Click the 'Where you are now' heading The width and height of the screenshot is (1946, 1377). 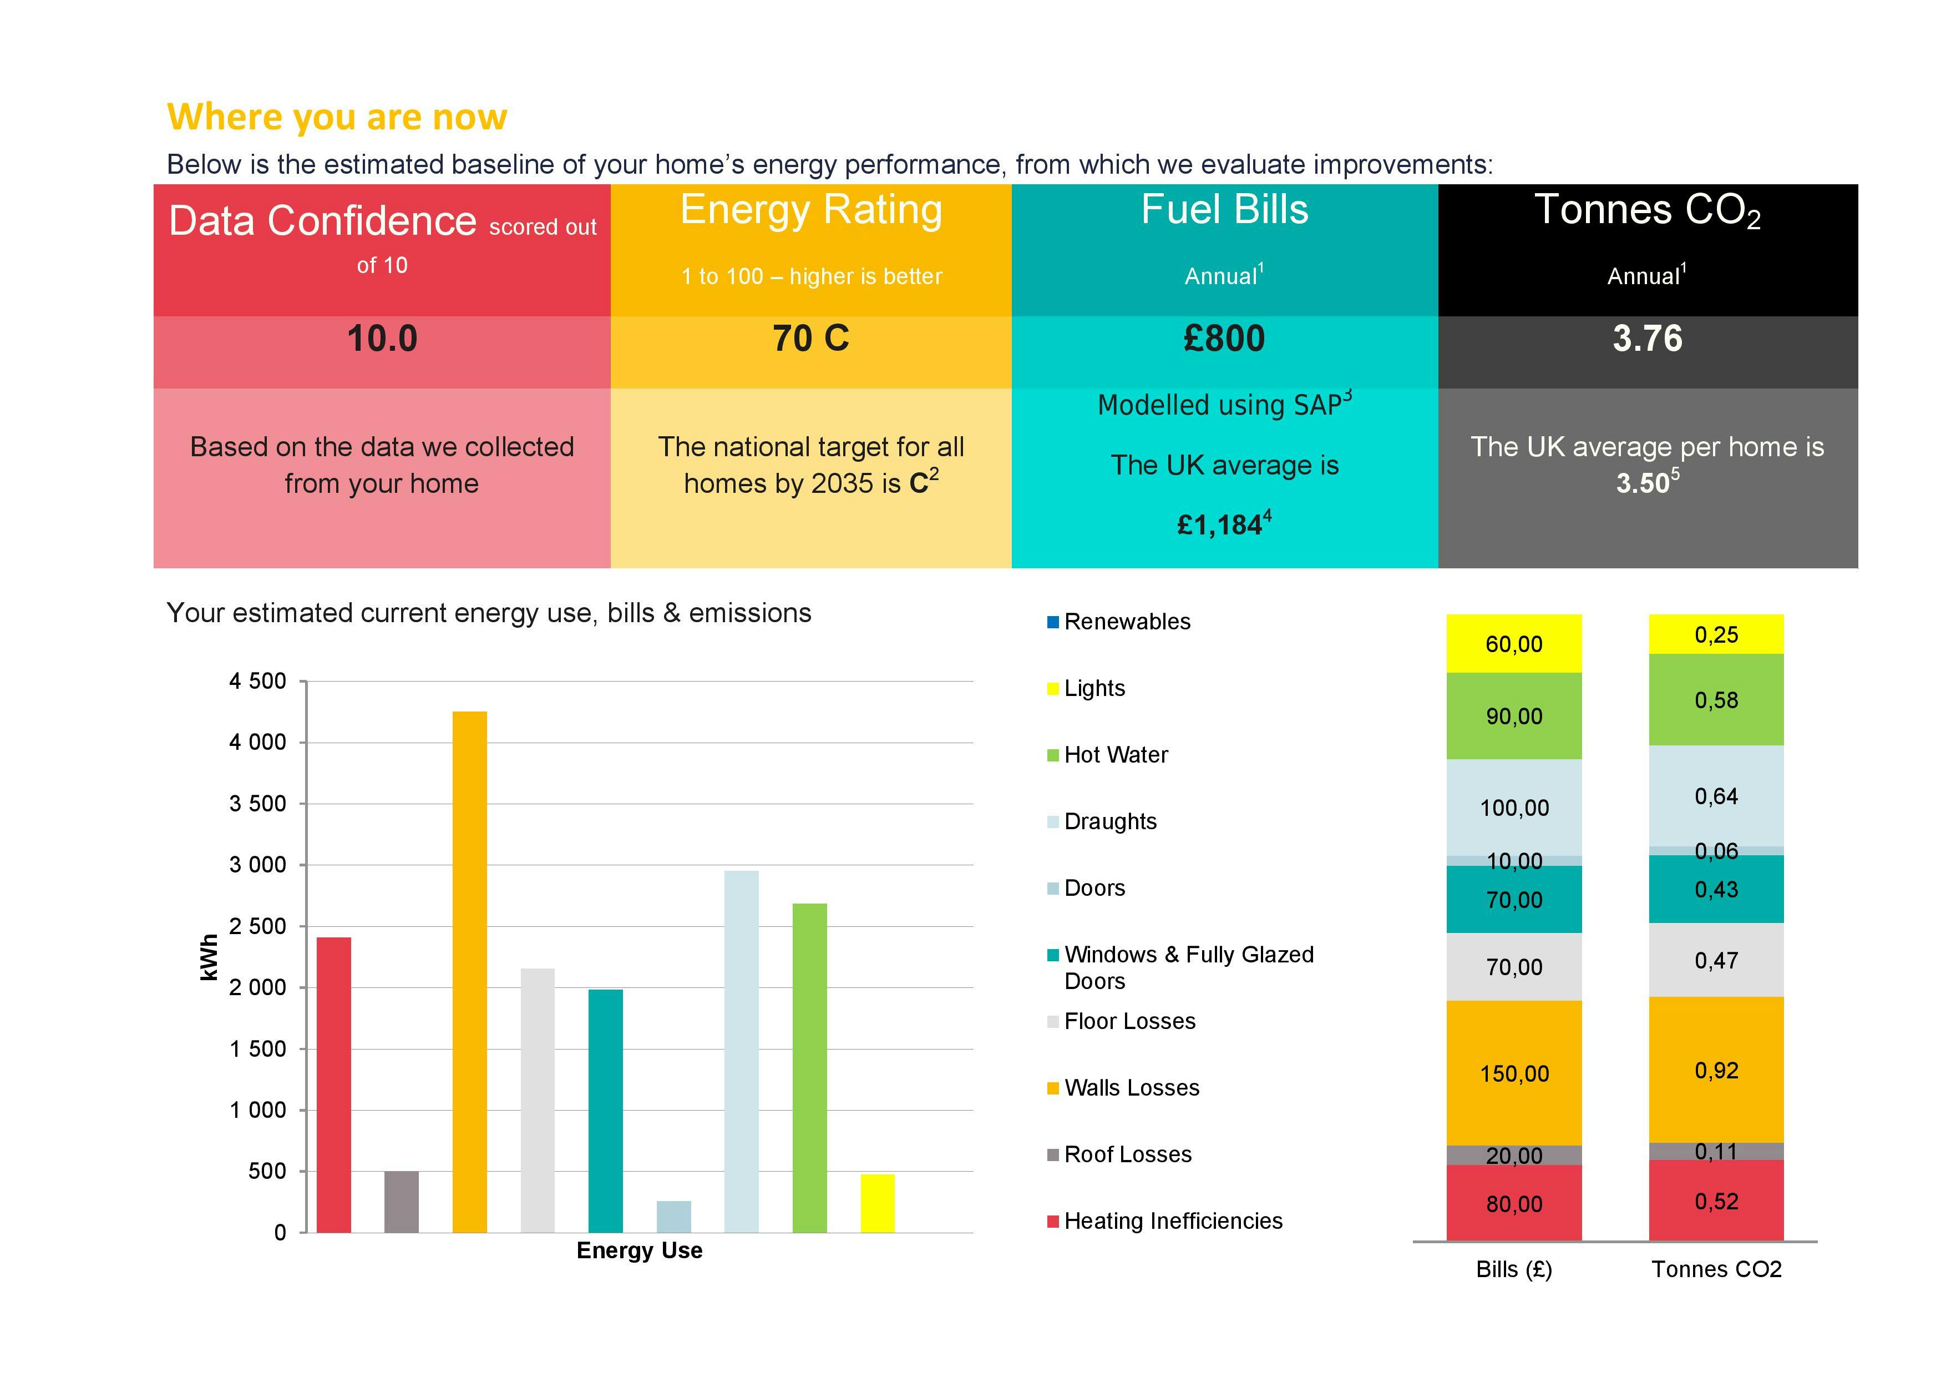tap(337, 117)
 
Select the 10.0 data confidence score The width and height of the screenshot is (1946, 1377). tap(382, 339)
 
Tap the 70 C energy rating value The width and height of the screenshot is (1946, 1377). tap(810, 339)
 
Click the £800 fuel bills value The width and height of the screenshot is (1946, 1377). tap(1224, 339)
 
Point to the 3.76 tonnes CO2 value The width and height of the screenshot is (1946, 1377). tap(1647, 339)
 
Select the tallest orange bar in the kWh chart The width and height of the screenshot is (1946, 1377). tap(469, 971)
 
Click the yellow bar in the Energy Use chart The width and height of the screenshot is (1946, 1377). tap(877, 1203)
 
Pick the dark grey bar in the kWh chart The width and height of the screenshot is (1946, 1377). tap(401, 1202)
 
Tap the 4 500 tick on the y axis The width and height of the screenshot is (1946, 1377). tap(257, 682)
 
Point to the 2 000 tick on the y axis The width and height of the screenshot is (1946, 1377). tap(257, 988)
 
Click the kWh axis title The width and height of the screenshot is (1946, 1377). tap(209, 957)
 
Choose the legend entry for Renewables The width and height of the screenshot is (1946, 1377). tap(1127, 622)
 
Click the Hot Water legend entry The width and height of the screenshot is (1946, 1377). tap(1116, 755)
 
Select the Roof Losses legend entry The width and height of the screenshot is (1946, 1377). tap(1127, 1154)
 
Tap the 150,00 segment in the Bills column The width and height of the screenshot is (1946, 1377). tap(1514, 1073)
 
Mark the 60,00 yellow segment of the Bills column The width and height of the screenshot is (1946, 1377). tap(1514, 644)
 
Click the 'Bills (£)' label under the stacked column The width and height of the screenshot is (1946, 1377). tap(1514, 1269)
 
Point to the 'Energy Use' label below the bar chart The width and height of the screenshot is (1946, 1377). tap(639, 1250)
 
